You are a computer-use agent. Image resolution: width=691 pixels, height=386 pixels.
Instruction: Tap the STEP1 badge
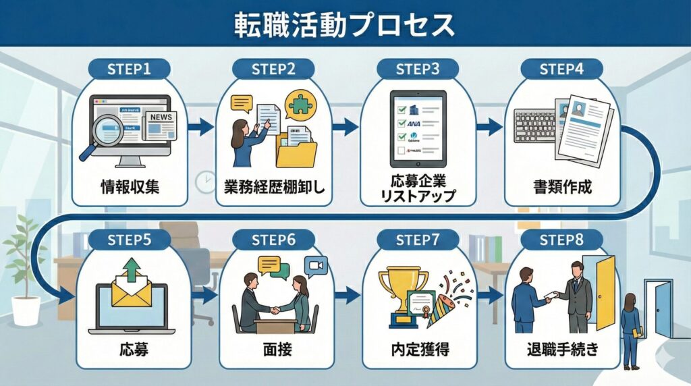pos(129,68)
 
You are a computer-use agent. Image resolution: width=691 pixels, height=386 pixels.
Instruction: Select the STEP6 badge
pos(273,240)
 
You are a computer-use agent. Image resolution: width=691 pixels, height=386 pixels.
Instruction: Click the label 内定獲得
pos(418,350)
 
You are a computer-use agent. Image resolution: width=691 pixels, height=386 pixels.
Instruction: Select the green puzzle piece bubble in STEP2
pos(301,105)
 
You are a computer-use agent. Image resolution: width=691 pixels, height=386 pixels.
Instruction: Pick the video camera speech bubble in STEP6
pos(315,266)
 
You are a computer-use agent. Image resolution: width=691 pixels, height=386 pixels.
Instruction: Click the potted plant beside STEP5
pos(26,270)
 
